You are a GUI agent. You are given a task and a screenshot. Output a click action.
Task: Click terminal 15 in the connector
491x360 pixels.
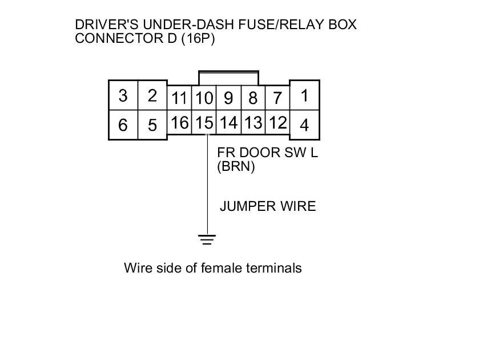click(x=204, y=123)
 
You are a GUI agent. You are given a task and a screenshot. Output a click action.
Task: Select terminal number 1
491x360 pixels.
click(x=305, y=95)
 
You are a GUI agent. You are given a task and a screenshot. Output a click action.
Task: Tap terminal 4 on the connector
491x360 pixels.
click(x=305, y=125)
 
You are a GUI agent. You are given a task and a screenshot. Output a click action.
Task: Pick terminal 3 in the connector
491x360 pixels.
click(x=123, y=95)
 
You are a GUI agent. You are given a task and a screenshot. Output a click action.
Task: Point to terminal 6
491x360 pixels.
click(x=123, y=125)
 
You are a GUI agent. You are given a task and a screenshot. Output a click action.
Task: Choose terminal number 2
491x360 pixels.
click(x=152, y=95)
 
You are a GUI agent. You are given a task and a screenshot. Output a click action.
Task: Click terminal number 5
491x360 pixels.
click(x=152, y=125)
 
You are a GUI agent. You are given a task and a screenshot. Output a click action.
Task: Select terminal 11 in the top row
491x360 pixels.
click(x=179, y=98)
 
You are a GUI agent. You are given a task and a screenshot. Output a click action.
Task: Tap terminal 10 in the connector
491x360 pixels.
click(x=204, y=98)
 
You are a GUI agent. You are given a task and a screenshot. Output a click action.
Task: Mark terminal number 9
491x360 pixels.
click(x=228, y=98)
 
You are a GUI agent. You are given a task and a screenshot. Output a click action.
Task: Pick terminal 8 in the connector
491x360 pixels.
click(x=253, y=98)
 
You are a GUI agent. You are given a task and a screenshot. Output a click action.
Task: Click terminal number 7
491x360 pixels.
click(x=277, y=98)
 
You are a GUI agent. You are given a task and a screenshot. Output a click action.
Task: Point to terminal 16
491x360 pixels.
click(x=179, y=123)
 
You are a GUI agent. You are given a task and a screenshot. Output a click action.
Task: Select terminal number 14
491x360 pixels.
click(x=228, y=123)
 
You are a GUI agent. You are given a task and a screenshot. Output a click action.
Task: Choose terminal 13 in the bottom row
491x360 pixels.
click(x=253, y=123)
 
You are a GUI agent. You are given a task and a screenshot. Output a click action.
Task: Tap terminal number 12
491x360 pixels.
click(x=277, y=123)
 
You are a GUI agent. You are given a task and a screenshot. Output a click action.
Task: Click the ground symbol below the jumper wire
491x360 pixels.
click(x=207, y=239)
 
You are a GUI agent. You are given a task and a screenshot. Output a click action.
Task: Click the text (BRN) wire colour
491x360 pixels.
click(x=236, y=167)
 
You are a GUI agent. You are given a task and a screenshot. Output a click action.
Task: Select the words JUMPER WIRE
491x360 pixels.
click(x=268, y=206)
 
